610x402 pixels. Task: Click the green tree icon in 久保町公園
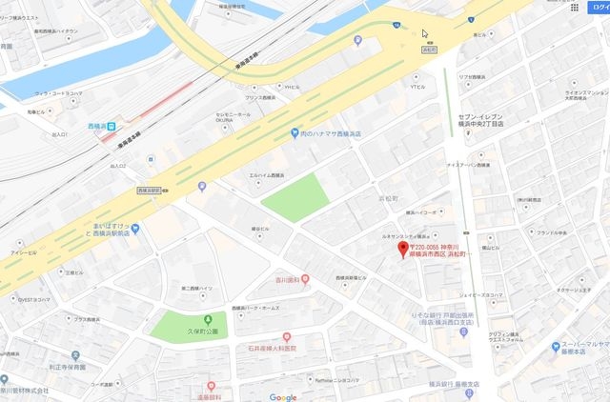207,319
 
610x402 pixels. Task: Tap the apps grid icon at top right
575,7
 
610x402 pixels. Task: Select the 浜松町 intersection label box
429,49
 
